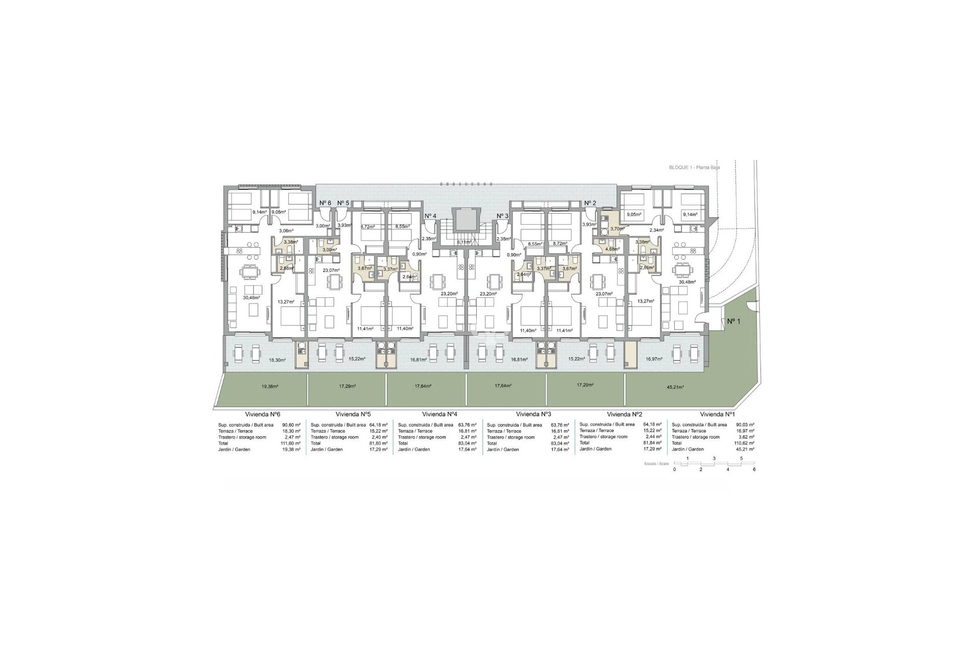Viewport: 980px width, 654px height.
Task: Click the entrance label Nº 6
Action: pos(325,203)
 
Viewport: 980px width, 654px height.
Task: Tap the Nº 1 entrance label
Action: pos(733,321)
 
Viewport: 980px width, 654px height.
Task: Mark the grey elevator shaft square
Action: pos(464,220)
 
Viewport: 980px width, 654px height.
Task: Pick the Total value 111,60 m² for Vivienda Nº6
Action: pos(291,443)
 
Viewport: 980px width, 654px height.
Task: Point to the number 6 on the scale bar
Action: pos(754,469)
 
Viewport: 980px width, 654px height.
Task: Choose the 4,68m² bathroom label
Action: pos(612,249)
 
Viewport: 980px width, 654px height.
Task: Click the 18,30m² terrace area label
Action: pos(278,360)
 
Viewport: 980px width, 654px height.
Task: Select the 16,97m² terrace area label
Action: pos(654,359)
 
